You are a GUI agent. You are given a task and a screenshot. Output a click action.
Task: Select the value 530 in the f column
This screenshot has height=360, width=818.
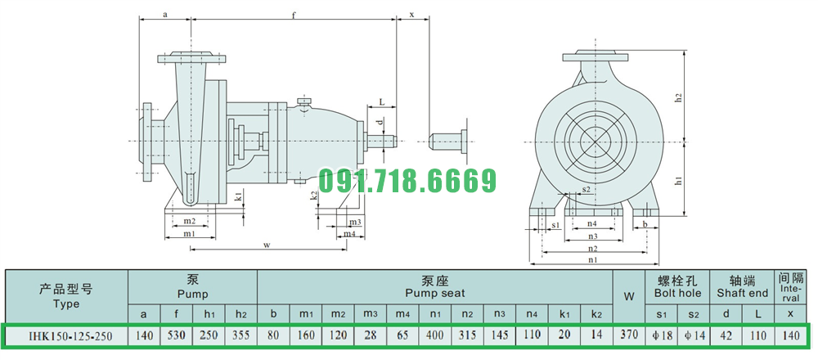pos(177,335)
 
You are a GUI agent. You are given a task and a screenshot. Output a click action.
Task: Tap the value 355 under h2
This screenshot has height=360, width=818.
pos(240,335)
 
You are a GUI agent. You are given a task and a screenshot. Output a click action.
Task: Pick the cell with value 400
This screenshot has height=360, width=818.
pos(435,335)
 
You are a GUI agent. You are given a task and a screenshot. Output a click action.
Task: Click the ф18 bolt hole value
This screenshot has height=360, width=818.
pos(662,335)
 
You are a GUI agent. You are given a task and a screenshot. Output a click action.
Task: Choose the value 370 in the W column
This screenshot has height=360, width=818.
pos(629,335)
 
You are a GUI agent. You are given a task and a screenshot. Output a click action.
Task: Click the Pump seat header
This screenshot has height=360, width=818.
pos(434,287)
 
